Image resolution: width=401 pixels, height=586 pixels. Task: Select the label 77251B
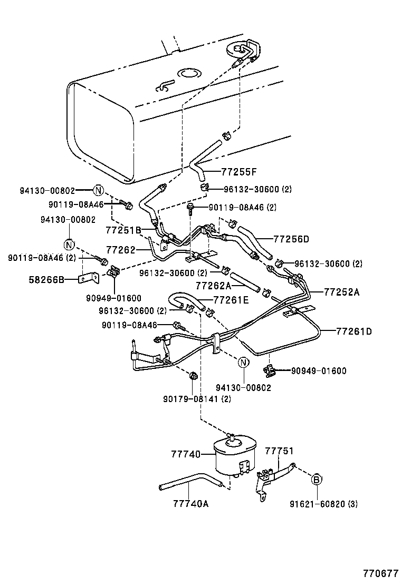[123, 230]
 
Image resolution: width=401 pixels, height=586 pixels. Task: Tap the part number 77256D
[291, 239]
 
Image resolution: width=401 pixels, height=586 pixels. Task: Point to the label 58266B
[46, 280]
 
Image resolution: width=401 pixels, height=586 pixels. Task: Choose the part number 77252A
[341, 291]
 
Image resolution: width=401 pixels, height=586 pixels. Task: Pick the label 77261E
[231, 300]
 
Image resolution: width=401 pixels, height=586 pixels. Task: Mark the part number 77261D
[354, 331]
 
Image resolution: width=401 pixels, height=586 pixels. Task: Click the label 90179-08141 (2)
[197, 399]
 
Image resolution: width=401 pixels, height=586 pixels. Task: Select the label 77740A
[190, 503]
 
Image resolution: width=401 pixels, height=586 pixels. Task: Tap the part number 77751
[279, 451]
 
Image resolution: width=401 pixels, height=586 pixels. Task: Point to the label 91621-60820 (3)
[323, 504]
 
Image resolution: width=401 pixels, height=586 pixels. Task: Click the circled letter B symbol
[316, 479]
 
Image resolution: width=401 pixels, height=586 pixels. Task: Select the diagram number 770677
[379, 573]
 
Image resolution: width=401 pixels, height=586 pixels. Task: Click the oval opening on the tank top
[187, 73]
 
